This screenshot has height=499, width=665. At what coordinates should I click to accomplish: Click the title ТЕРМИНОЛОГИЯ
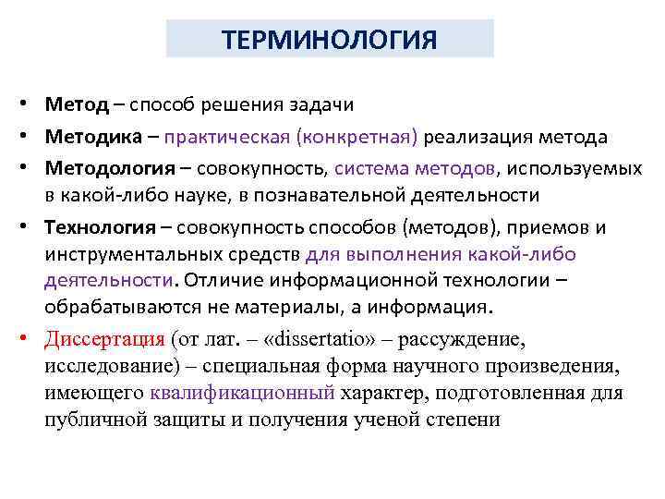(330, 41)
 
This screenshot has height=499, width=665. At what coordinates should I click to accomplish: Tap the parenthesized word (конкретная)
(357, 137)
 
